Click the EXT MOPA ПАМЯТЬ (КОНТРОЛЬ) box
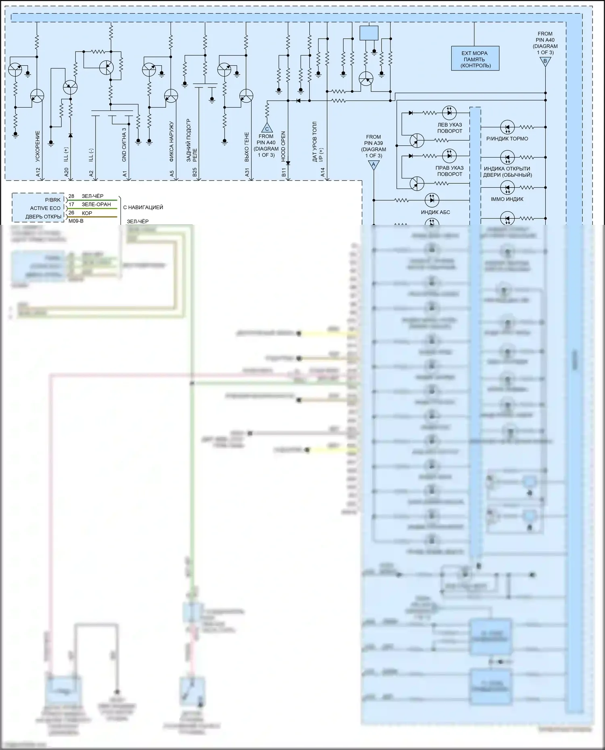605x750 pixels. point(475,59)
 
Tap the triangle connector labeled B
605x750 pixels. point(545,62)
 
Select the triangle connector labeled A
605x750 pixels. point(373,164)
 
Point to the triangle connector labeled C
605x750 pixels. point(267,128)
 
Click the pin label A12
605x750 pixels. point(38,172)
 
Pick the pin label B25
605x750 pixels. point(194,172)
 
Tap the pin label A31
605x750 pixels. point(247,172)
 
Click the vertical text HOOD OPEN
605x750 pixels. point(283,146)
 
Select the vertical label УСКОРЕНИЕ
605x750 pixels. point(38,146)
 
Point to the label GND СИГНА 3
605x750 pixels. point(124,145)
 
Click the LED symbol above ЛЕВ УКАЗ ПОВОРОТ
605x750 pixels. point(449,112)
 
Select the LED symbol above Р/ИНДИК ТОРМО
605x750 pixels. point(507,127)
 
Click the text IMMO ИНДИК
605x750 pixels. point(507,199)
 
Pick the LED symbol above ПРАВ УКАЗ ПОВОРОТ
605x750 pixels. point(449,156)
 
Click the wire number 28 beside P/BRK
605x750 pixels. point(71,196)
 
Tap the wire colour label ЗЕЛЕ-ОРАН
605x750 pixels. point(96,204)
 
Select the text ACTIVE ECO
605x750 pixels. point(45,208)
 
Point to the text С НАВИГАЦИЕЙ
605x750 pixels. point(143,207)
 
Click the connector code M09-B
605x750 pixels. point(76,221)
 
